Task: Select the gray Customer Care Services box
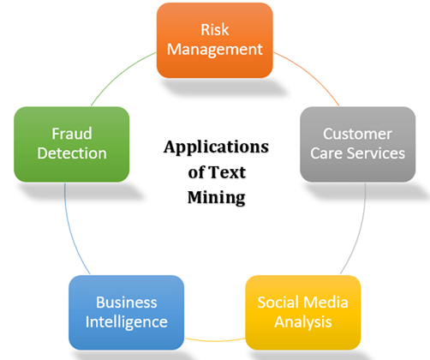(x=357, y=144)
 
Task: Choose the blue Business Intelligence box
(x=126, y=312)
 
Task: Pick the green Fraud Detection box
(x=70, y=144)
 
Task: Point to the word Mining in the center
(x=216, y=197)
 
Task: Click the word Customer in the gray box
(x=357, y=135)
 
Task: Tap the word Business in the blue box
(x=126, y=303)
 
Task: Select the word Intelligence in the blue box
(x=126, y=322)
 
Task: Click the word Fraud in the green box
(x=70, y=135)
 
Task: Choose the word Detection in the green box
(x=70, y=154)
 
